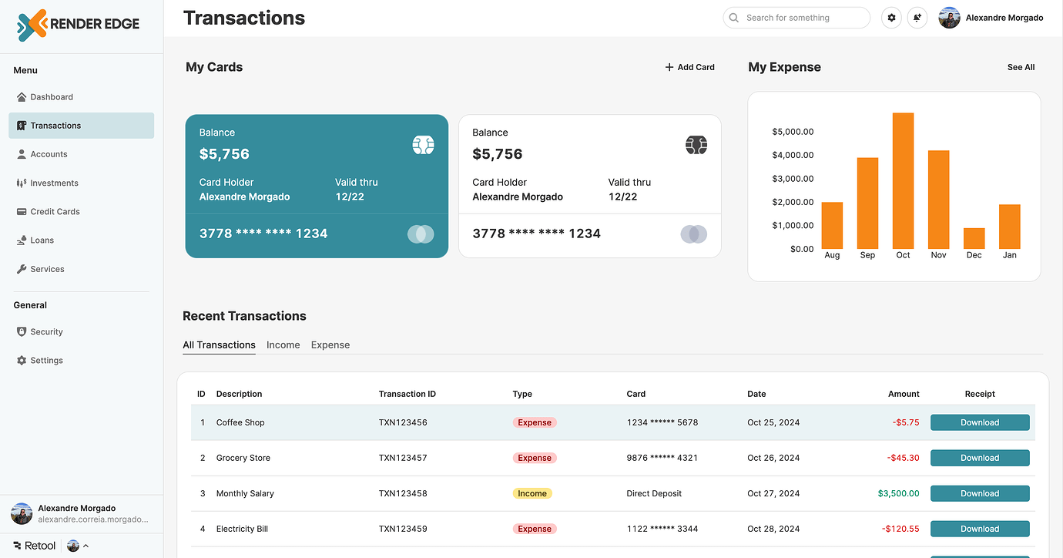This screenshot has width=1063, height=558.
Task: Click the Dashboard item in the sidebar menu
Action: (51, 97)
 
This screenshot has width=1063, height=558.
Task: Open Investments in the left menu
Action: (54, 183)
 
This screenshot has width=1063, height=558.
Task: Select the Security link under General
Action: (46, 332)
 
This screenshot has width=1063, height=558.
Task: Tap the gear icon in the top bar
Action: (891, 18)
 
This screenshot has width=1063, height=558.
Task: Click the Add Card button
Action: (690, 67)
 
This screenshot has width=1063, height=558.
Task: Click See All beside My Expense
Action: (1021, 67)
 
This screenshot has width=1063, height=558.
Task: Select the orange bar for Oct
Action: (903, 181)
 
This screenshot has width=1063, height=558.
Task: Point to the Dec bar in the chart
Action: (974, 238)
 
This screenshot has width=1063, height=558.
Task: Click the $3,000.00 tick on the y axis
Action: (793, 179)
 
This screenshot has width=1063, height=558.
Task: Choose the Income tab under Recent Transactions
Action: (283, 345)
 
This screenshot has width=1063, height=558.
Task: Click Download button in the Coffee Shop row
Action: (979, 422)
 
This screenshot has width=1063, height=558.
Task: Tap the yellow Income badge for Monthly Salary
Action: (532, 493)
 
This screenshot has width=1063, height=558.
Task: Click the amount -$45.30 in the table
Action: (903, 458)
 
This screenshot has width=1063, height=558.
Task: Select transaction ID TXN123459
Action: (402, 529)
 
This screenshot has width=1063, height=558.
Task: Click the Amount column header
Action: (904, 394)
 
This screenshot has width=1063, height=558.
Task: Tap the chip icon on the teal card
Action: (423, 145)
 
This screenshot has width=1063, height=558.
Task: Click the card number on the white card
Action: (536, 234)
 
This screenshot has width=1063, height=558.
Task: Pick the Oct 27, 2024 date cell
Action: (773, 493)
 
